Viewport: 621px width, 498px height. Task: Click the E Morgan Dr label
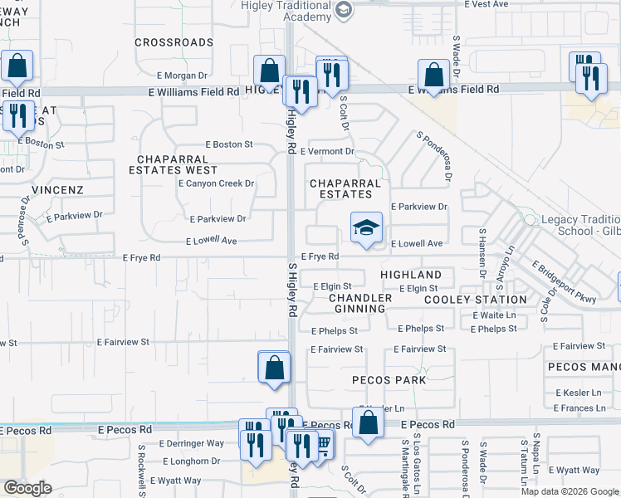180,76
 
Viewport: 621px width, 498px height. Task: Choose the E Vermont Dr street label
327,152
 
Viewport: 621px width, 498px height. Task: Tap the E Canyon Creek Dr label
216,183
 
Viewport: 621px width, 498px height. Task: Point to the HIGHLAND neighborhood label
411,275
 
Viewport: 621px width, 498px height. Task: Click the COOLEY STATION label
475,300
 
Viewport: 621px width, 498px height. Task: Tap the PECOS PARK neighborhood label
389,380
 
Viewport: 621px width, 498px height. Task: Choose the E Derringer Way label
192,443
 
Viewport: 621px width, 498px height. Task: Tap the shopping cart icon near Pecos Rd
323,444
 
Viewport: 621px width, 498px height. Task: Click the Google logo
27,488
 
